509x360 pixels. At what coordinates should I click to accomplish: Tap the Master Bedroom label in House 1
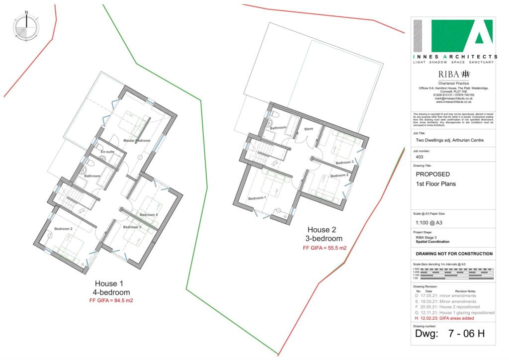[x=137, y=141]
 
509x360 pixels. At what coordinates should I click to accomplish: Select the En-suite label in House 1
[x=107, y=152]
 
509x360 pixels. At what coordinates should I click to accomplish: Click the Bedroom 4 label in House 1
[x=149, y=215]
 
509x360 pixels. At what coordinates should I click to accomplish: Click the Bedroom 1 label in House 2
[x=258, y=198]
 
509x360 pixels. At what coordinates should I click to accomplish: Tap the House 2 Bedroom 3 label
[x=344, y=163]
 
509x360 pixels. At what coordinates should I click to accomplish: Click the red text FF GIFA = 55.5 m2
[x=325, y=248]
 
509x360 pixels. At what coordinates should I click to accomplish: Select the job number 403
[x=419, y=157]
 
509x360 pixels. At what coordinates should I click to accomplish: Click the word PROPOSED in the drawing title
[x=432, y=175]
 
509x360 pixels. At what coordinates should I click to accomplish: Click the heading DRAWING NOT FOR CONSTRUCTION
[x=454, y=254]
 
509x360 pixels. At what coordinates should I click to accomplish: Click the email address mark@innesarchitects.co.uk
[x=453, y=98]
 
